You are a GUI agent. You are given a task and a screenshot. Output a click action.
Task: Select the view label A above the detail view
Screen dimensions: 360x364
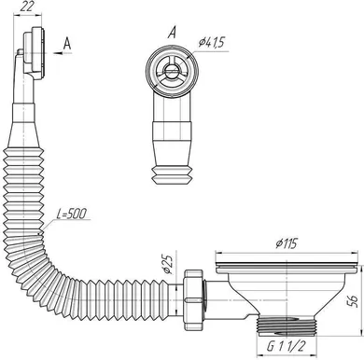pyautogui.click(x=169, y=30)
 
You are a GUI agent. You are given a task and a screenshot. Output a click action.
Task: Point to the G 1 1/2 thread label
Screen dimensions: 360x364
pyautogui.click(x=283, y=346)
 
